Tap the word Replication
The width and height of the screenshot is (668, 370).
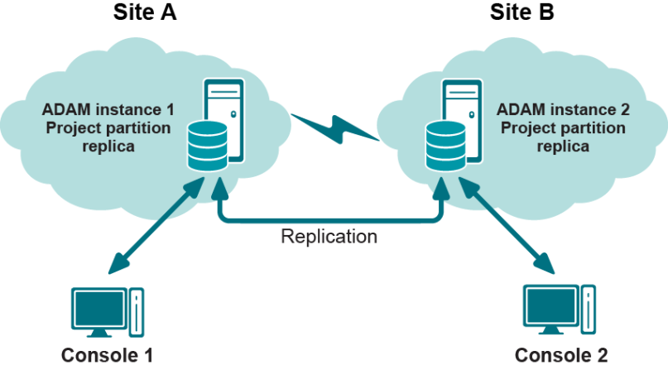tap(329, 237)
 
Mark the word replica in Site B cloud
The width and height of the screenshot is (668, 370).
tap(563, 147)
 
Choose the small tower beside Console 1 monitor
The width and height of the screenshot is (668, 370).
tap(136, 309)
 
